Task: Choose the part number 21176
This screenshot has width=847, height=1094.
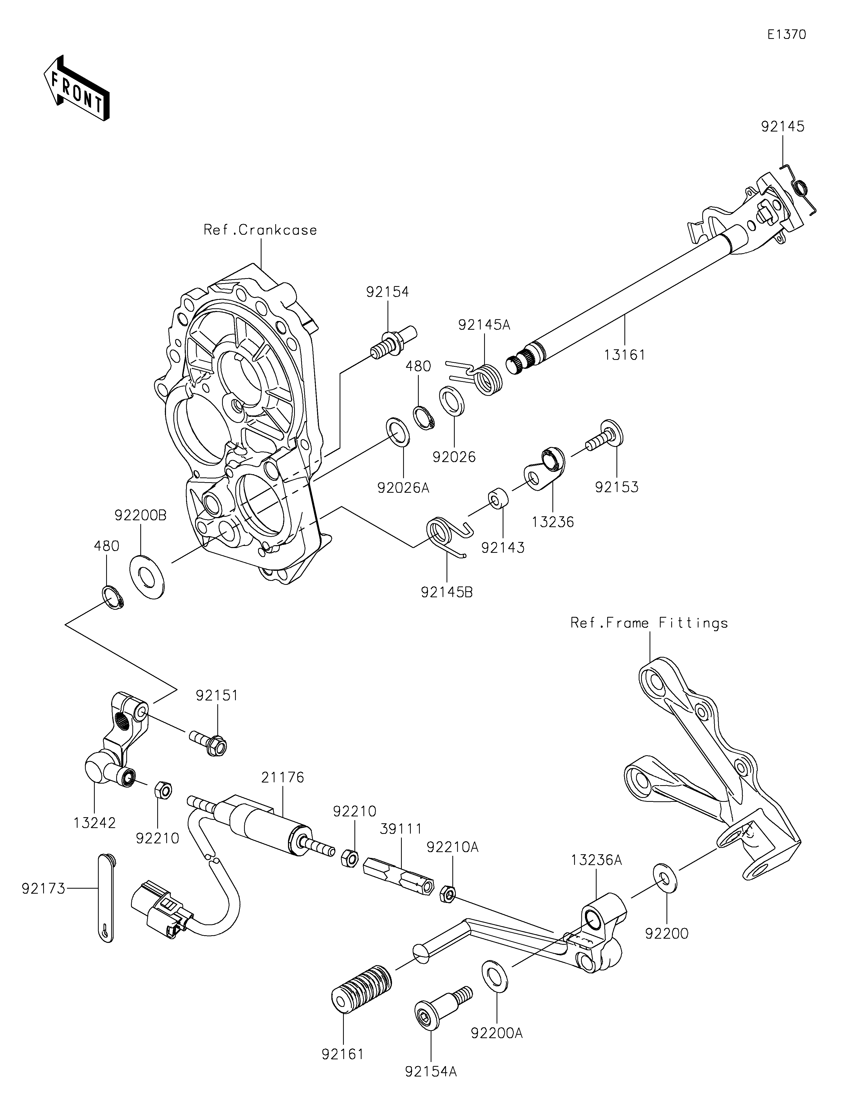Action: click(282, 777)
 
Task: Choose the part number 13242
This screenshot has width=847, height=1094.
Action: click(95, 823)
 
